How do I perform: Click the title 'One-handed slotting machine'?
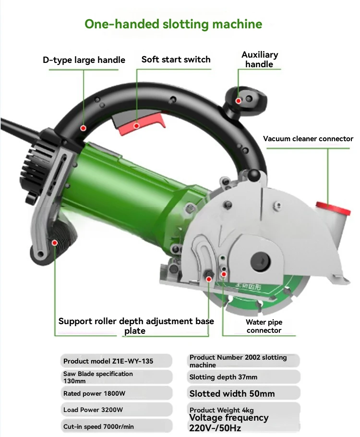173,24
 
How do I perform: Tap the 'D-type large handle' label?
84,60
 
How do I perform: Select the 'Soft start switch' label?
176,60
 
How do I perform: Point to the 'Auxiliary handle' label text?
260,60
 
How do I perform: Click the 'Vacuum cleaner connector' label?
308,138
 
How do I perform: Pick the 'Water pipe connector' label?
264,326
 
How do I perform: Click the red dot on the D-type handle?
83,128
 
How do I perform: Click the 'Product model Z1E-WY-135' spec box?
116,361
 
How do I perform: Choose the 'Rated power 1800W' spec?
117,393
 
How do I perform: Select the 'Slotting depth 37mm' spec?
243,377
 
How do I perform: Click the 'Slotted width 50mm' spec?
243,393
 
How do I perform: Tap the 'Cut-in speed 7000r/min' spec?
117,426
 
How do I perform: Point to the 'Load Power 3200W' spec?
117,410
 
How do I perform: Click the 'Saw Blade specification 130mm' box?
117,377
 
